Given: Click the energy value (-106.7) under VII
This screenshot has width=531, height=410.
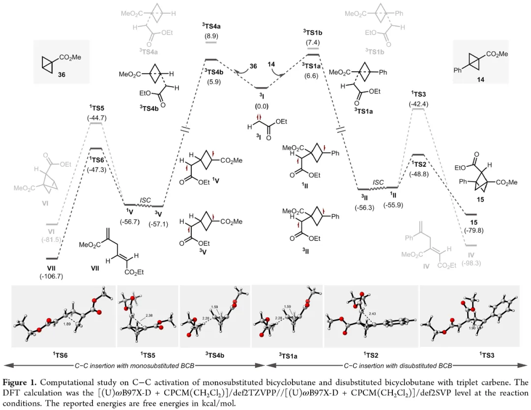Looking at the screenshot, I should click(51, 276).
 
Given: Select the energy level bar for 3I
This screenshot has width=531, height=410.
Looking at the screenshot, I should click(262, 88).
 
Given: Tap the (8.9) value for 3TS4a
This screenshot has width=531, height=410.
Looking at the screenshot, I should click(211, 36).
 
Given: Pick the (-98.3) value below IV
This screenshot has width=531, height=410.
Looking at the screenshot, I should click(471, 264).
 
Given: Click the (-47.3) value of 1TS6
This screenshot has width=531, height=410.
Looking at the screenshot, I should click(96, 170).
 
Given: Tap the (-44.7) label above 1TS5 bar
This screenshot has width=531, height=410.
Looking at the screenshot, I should click(96, 118).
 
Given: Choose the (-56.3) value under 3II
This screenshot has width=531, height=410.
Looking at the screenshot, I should click(364, 207).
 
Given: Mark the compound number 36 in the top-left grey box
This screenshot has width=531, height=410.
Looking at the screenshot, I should click(61, 75).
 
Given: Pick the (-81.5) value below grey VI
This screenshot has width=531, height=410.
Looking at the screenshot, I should click(51, 239).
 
